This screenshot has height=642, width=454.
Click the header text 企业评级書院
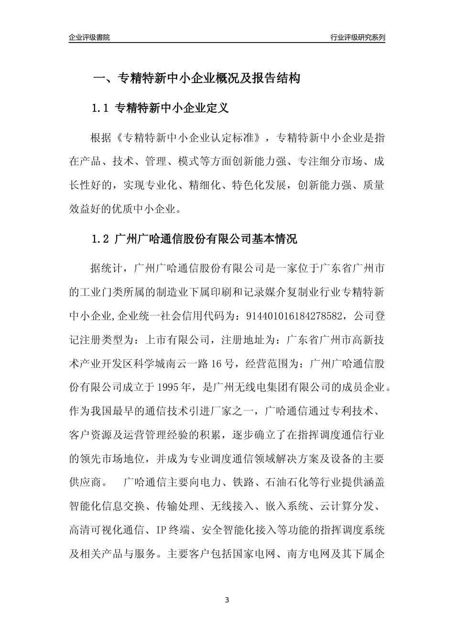[x=89, y=37]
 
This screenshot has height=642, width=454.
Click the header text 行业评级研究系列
[x=357, y=37]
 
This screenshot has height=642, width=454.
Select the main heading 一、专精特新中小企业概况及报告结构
[x=196, y=78]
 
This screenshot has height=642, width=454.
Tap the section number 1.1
[x=101, y=108]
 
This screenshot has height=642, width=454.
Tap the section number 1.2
[x=101, y=239]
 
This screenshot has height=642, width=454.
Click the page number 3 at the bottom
[x=227, y=600]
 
